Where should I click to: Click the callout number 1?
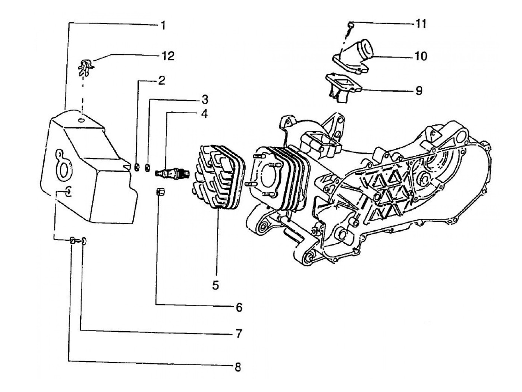(x=163, y=25)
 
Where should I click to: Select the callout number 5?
(x=216, y=285)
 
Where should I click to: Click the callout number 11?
(x=420, y=24)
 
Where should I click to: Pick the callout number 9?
(x=419, y=91)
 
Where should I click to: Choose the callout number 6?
(x=239, y=308)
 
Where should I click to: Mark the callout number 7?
(x=239, y=333)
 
